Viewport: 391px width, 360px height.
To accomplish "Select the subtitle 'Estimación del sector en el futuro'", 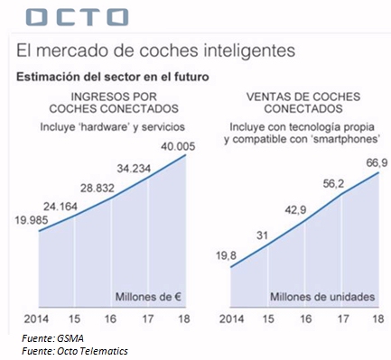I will click(113, 77).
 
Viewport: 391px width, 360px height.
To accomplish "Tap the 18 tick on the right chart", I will click(377, 318).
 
